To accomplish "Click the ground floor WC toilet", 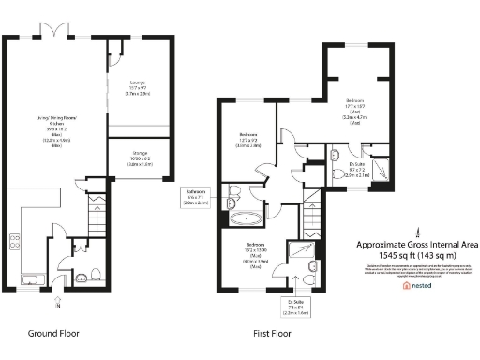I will tap(82, 276).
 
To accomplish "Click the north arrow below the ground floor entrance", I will tap(58, 302).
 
